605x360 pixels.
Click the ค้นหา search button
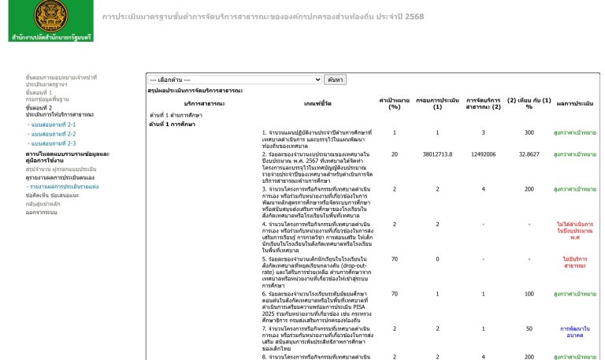[x=336, y=80]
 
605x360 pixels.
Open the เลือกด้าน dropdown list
[x=235, y=80]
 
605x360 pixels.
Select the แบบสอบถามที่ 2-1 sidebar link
[x=51, y=124]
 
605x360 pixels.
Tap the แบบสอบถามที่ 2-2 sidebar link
[x=51, y=134]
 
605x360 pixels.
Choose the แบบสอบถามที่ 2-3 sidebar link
[x=51, y=143]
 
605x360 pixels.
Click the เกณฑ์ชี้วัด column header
[x=321, y=103]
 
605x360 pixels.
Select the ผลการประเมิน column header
[x=575, y=103]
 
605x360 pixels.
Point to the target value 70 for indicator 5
[x=395, y=258]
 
